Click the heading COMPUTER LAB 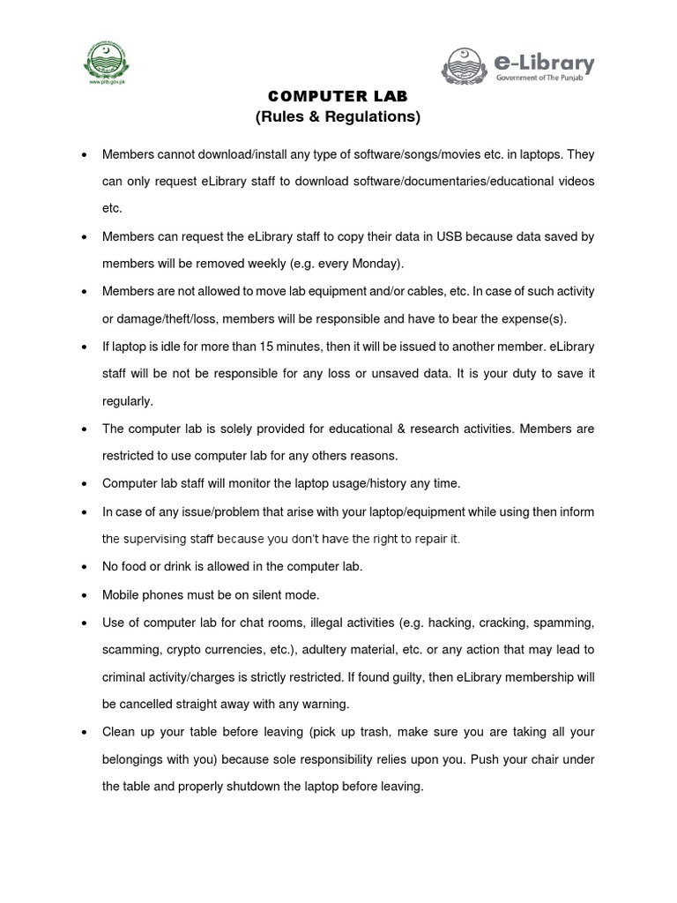coord(338,96)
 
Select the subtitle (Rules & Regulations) coord(338,116)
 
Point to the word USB coord(449,236)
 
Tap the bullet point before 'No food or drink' coord(82,567)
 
